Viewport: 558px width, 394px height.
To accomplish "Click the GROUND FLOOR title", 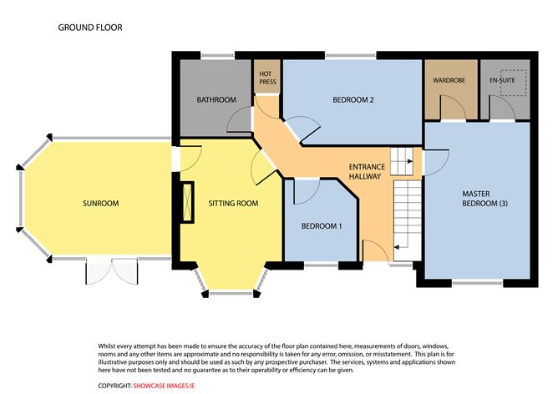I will pos(89,28).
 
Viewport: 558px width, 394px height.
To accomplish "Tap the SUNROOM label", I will pos(100,203).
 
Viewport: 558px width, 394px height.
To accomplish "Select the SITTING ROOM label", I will pos(232,203).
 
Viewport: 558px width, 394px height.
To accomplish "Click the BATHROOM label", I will pos(216,100).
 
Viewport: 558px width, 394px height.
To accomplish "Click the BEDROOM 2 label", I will pos(353,100).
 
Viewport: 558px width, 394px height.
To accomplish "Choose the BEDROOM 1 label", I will pos(321,226).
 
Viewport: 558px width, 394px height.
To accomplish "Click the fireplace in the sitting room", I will pos(185,203).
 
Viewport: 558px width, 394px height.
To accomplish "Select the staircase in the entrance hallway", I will pos(407,213).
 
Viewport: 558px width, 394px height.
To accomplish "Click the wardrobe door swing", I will pos(452,109).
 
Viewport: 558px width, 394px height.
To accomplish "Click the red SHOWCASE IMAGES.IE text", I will pos(165,385).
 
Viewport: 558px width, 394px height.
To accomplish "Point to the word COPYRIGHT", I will pos(114,385).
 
